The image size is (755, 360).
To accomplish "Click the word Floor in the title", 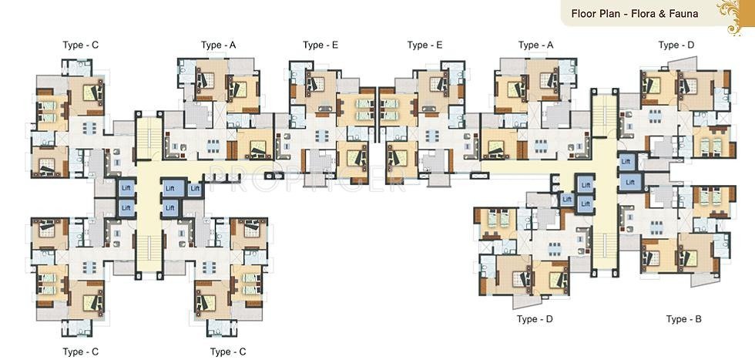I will pos(583,13).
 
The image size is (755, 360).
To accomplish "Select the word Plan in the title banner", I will pos(611,13).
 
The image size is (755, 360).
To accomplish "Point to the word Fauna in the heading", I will pos(688,13).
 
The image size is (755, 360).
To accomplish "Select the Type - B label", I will pos(684,319).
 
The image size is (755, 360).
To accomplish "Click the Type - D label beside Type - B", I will pos(535,319).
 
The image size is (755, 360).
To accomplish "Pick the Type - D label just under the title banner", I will pos(676,45).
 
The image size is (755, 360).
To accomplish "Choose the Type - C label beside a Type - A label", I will pos(80,45).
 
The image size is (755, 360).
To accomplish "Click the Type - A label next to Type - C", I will pos(218,45).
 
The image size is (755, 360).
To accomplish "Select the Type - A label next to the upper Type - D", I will pos(535,45).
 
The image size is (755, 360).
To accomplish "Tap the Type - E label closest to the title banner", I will pos(424,45).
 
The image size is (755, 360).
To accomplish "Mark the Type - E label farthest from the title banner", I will pos(320,45).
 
